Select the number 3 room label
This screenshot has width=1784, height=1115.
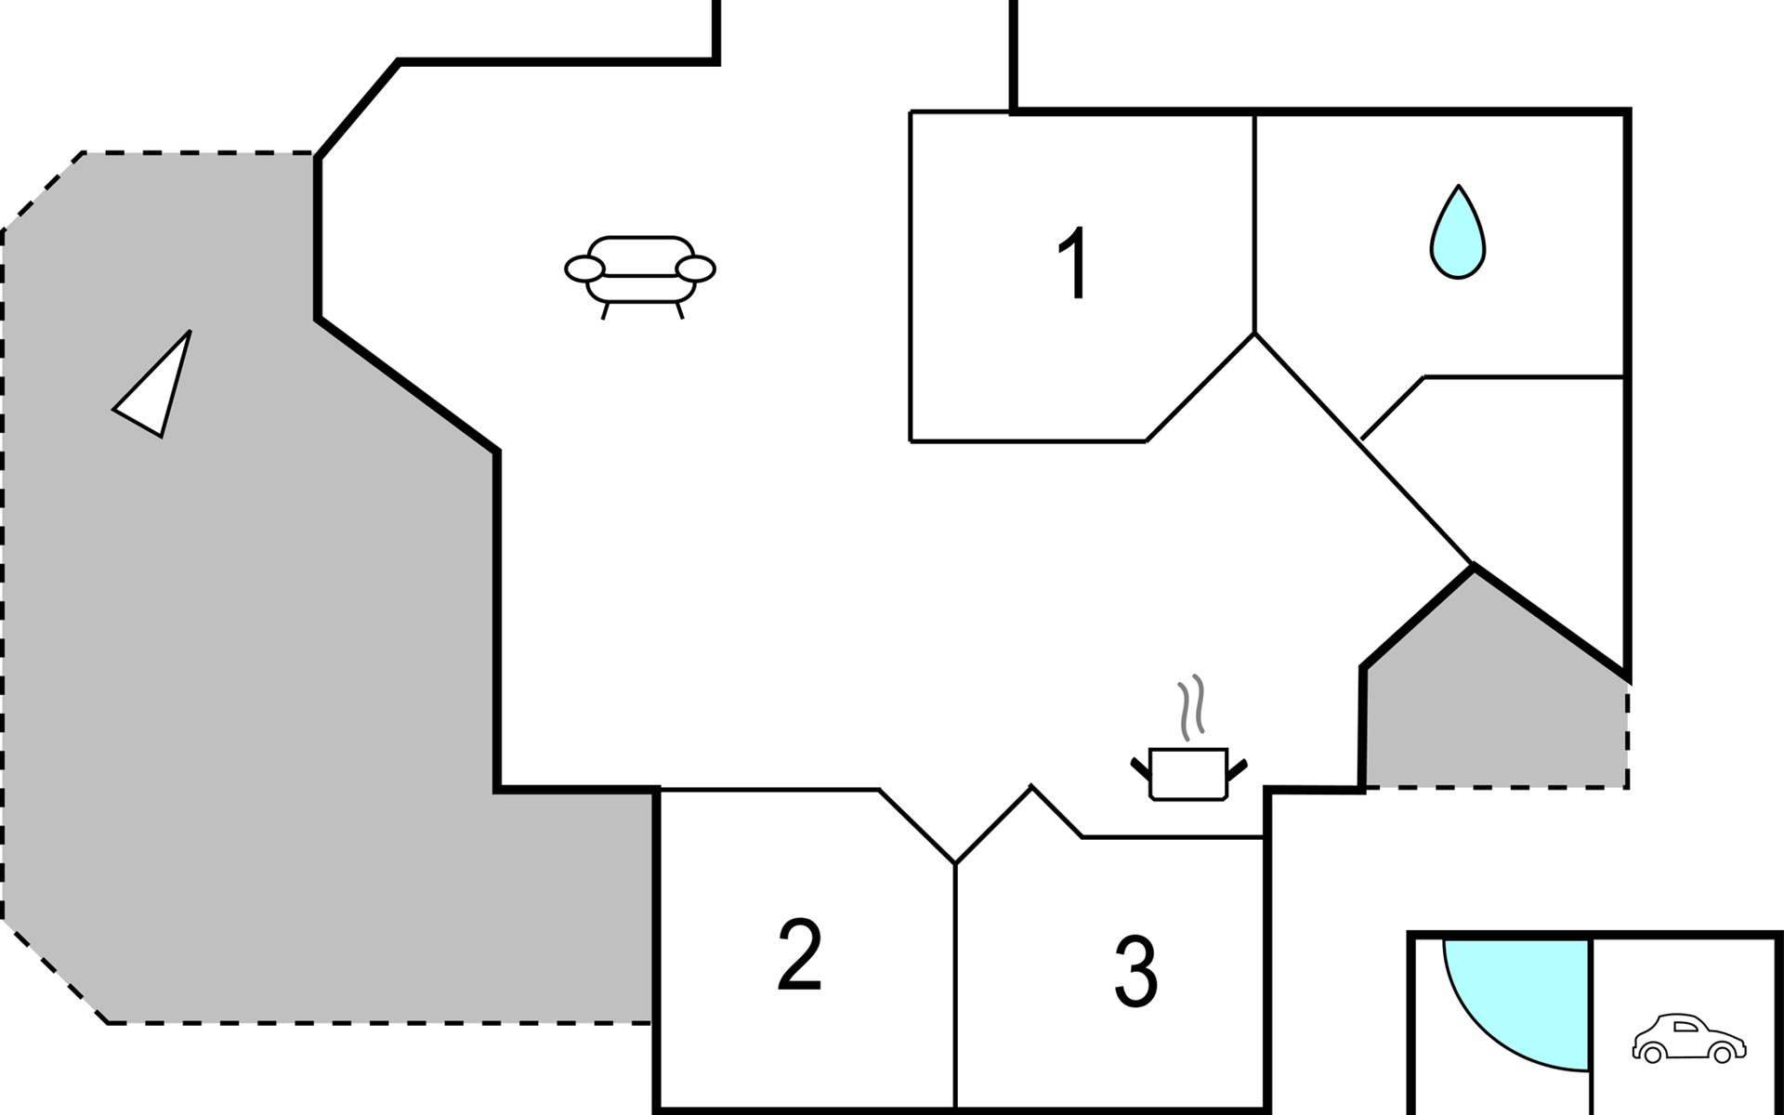pos(1135,972)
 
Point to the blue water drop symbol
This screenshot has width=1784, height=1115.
pos(1457,233)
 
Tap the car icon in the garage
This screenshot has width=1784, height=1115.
pos(1688,1039)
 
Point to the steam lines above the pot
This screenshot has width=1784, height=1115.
pos(1192,707)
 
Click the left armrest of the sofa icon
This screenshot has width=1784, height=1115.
pos(585,269)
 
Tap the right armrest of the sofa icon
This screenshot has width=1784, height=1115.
pos(696,269)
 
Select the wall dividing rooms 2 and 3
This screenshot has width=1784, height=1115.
pos(955,985)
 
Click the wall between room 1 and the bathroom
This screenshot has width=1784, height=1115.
pos(1255,223)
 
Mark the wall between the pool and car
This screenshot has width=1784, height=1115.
pos(1592,1022)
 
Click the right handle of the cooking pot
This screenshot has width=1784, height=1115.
pos(1238,767)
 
